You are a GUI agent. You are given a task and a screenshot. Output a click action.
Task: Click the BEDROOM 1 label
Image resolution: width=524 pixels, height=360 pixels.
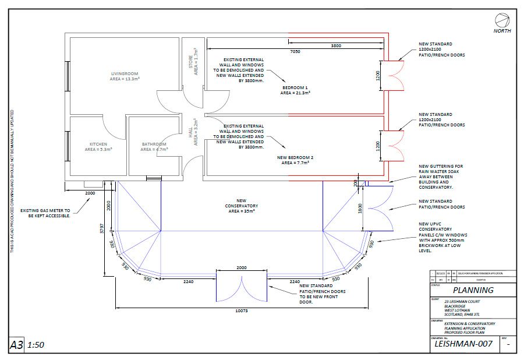pos(295,89)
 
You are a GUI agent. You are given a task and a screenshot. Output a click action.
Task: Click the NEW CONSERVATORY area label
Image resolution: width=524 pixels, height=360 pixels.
pos(242,206)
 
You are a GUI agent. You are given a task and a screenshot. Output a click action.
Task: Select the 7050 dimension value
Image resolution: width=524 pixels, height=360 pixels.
pos(295,51)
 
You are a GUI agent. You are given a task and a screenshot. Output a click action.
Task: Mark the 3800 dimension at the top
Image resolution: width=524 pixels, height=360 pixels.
pos(336,45)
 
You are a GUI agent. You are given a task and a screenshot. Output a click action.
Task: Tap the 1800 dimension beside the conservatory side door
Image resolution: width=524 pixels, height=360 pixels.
pos(360,209)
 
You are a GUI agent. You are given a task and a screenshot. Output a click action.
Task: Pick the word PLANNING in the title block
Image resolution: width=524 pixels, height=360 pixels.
pos(473,290)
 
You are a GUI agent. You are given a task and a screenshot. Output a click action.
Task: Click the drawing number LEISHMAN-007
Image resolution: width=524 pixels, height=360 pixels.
pos(463,344)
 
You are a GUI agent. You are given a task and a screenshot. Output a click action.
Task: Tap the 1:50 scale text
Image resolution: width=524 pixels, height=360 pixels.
pos(36,345)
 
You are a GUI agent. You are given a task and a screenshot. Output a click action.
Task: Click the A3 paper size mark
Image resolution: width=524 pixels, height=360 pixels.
pos(17,345)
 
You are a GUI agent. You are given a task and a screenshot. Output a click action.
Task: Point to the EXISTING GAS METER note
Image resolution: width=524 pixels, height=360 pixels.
pos(45,213)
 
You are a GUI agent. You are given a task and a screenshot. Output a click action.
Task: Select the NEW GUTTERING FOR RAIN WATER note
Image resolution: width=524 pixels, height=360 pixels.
pos(441,176)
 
